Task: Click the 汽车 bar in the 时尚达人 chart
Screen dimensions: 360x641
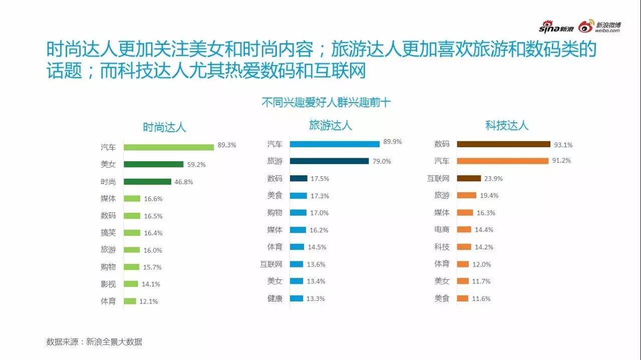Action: (169, 147)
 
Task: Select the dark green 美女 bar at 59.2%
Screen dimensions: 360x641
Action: (153, 164)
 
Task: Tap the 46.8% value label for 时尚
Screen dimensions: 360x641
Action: (183, 182)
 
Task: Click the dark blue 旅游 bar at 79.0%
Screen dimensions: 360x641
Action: (329, 161)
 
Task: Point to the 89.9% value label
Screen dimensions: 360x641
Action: (393, 142)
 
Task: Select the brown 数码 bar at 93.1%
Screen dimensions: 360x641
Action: (503, 144)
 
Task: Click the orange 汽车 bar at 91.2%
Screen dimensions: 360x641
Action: (502, 161)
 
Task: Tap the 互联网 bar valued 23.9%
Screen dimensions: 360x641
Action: (469, 178)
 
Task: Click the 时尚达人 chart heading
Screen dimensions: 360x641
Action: (164, 127)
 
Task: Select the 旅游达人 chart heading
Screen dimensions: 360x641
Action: (331, 125)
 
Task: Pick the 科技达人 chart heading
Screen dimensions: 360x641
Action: (507, 125)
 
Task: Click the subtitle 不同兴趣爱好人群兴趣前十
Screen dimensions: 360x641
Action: (326, 103)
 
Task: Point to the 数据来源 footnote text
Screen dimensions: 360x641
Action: (94, 342)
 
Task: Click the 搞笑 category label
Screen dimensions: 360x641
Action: (108, 233)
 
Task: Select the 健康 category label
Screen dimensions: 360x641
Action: (275, 298)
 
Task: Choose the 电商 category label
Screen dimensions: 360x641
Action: (442, 229)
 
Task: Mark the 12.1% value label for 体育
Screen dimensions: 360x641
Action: (149, 301)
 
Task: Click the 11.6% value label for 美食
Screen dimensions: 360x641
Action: (481, 298)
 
